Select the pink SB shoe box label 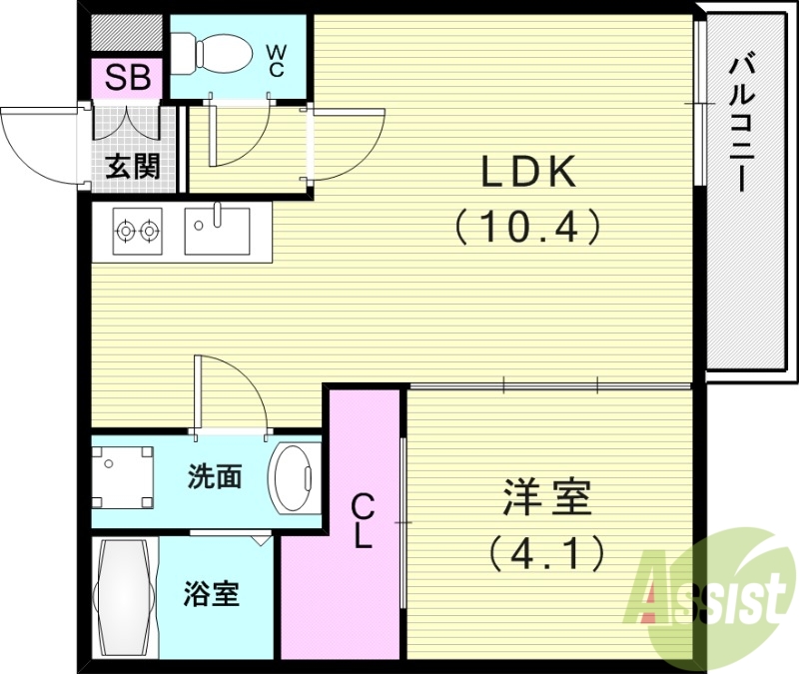(x=127, y=78)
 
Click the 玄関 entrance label (x=133, y=165)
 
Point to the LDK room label (x=529, y=174)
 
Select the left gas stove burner (x=125, y=231)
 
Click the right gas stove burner (x=150, y=231)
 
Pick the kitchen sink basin (x=217, y=231)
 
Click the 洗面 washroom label (x=215, y=477)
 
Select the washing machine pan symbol (x=124, y=476)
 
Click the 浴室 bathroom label (x=211, y=595)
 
